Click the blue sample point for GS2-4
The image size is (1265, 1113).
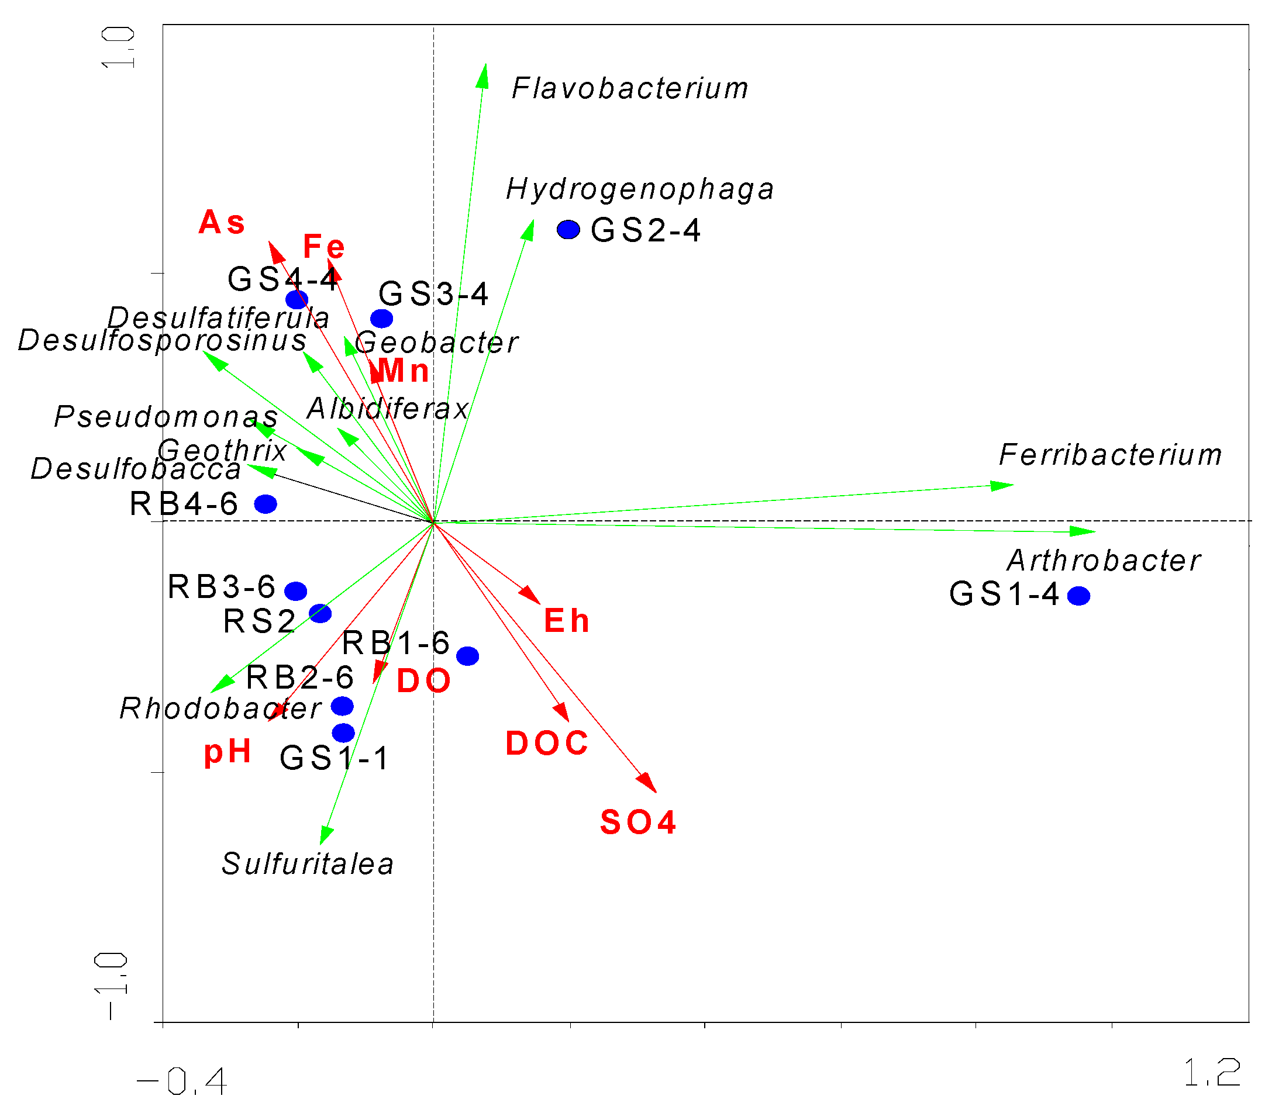(x=567, y=230)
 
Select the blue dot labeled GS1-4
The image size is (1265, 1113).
(x=1078, y=596)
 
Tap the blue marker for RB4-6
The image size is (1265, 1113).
(x=266, y=504)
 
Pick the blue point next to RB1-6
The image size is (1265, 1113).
(x=467, y=656)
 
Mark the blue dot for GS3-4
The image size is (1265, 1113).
(x=381, y=319)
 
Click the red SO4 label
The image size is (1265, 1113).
(x=638, y=822)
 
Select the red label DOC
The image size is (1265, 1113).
(x=547, y=743)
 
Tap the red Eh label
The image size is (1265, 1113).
(x=566, y=621)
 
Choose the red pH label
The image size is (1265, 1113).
(x=228, y=752)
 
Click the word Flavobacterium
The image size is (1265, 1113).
(x=630, y=88)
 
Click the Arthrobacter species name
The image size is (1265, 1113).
(x=1104, y=561)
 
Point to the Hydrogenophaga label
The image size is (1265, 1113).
(x=640, y=189)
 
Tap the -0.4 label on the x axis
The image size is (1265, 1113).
(x=181, y=1081)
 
